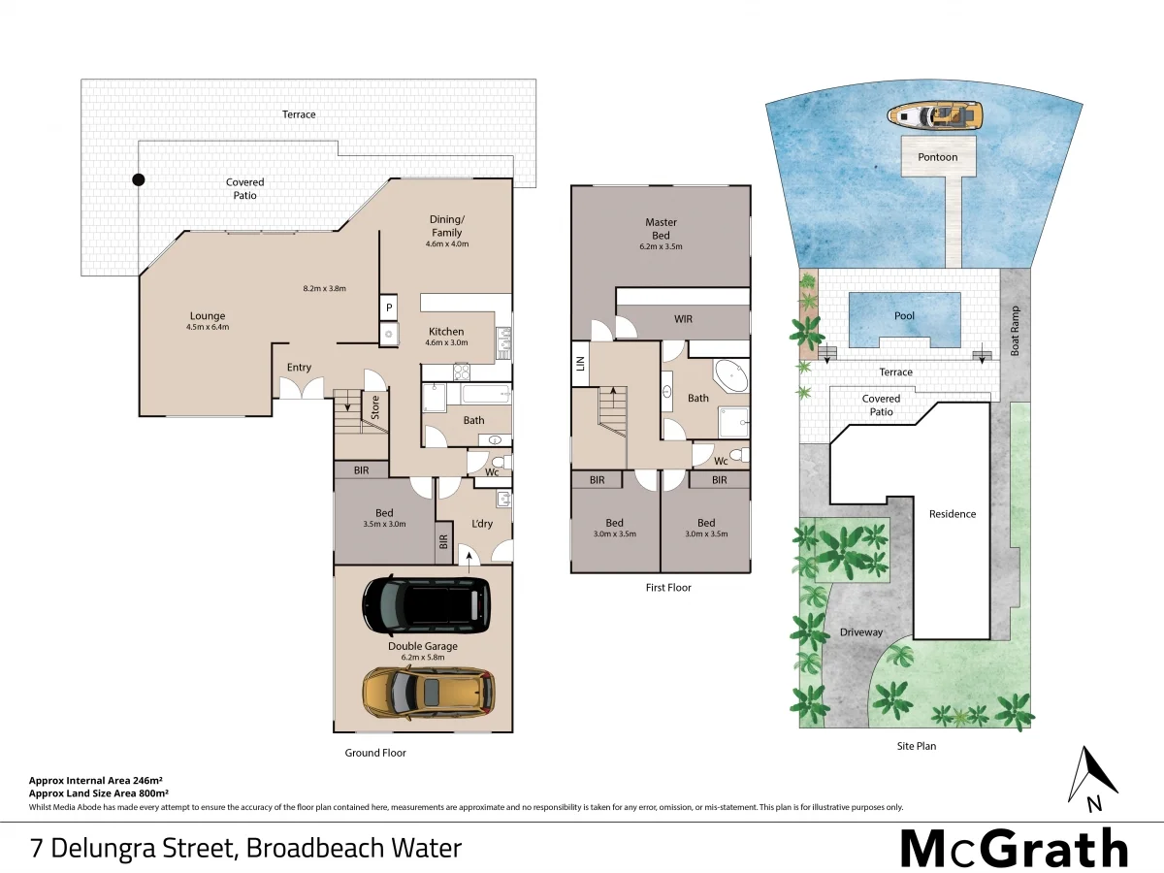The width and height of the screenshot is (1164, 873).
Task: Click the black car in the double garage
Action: coord(423,605)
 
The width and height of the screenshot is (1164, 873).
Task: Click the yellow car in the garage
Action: coord(428,692)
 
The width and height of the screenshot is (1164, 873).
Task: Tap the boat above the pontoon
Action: coord(934,117)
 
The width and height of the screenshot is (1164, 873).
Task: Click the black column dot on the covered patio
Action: coord(139,179)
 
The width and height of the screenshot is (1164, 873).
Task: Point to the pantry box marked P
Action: coord(388,307)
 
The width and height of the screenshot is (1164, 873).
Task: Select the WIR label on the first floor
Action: coord(683,319)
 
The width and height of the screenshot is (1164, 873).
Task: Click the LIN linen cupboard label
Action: coord(579,363)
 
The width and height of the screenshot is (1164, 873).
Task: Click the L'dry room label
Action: coord(481,524)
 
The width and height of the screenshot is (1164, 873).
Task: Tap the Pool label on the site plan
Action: coord(904,316)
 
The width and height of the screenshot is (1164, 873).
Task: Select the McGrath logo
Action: coord(1014,849)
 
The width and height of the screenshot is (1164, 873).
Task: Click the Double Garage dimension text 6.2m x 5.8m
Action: coord(423,658)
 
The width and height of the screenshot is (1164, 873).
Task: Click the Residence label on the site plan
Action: coord(953,514)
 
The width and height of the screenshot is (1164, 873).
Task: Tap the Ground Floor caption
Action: coord(375,753)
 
